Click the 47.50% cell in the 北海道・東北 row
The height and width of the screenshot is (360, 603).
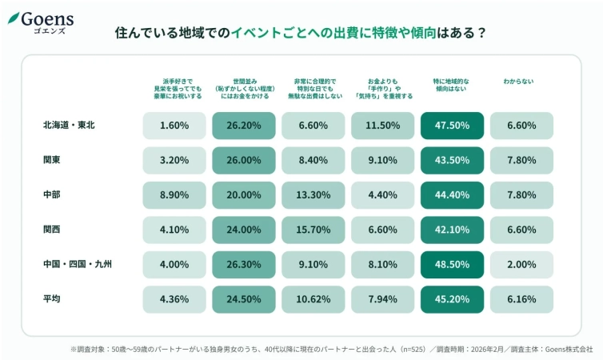[x=452, y=126]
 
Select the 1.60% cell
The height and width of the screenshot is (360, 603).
[x=174, y=126]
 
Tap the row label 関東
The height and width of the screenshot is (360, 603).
[x=52, y=160]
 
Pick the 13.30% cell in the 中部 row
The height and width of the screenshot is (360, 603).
[x=313, y=195]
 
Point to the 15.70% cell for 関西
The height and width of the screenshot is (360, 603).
[x=313, y=230]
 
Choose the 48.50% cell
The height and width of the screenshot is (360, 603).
[x=452, y=264]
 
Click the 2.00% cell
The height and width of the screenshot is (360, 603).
[x=521, y=264]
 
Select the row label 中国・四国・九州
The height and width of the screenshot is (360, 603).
[x=77, y=264]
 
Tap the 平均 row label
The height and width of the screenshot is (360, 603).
[x=52, y=298]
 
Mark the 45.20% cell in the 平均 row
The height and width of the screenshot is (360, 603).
[x=452, y=299]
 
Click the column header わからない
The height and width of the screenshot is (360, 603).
[x=521, y=82]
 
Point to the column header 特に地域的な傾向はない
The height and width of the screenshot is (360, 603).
[x=452, y=86]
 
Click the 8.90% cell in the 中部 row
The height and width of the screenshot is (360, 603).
[x=174, y=195]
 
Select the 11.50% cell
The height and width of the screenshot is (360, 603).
[x=383, y=126]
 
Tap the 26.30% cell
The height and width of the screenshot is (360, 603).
[x=244, y=264]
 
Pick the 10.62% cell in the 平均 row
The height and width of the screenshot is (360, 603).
[x=313, y=299]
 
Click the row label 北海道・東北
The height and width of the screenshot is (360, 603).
[x=70, y=126]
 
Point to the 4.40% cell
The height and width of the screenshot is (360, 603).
[x=383, y=195]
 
